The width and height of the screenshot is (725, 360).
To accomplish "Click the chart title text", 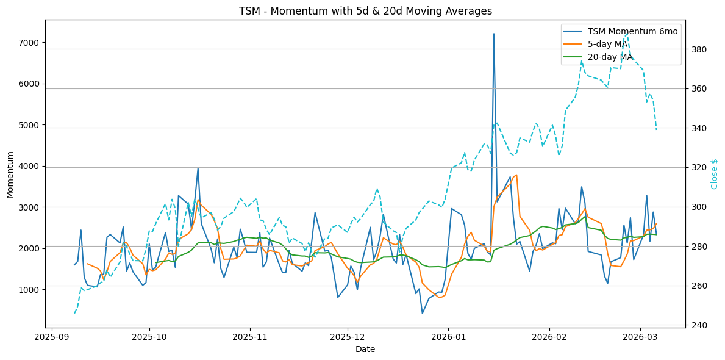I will pos(362,11).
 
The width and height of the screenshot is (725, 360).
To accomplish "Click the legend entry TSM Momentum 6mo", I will pos(632,31).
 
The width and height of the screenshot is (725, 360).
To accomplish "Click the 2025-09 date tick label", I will pos(52,336).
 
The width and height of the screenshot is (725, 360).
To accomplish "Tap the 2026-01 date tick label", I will pos(448,336).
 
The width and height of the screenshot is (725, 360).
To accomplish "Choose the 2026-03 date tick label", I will pos(641,336).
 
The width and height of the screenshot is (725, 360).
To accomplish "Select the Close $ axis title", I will pos(715,174).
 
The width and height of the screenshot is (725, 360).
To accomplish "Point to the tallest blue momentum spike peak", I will pos(494,34).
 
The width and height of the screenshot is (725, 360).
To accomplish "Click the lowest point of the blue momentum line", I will pos(422,314).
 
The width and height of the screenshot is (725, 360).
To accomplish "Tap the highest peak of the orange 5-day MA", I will pos(517,175).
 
